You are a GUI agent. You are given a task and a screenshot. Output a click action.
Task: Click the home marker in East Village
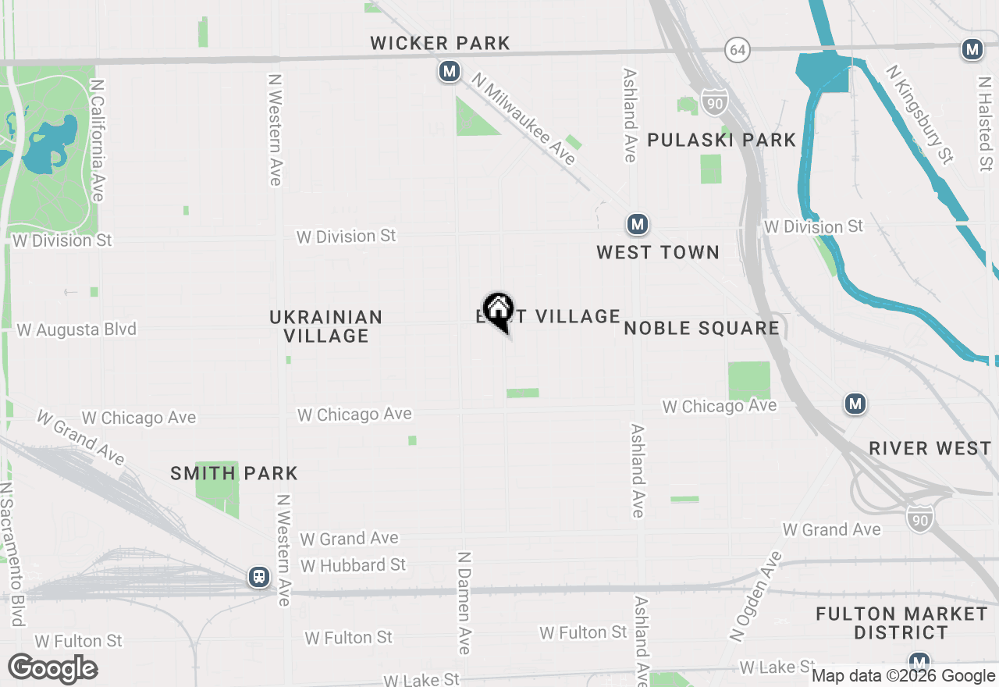tap(498, 310)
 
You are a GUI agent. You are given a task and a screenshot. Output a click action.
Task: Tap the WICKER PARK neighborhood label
tap(440, 44)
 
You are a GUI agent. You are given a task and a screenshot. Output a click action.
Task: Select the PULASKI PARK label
tap(721, 141)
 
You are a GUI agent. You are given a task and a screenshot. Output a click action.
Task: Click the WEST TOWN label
tap(658, 253)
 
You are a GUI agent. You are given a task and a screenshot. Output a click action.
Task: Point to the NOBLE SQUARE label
tap(702, 329)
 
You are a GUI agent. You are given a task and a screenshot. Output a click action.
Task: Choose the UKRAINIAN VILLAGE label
tap(325, 326)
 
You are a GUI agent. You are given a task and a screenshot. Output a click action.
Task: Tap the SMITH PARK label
tap(234, 474)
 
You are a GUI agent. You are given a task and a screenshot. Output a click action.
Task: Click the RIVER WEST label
tap(930, 449)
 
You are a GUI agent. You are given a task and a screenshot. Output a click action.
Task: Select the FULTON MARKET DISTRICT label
tap(901, 623)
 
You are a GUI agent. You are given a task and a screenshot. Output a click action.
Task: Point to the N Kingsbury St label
tap(919, 114)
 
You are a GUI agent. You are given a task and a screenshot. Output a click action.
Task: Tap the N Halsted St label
tap(985, 123)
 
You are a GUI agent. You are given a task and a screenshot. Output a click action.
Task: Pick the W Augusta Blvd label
tap(76, 329)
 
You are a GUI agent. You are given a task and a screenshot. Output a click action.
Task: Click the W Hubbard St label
tap(353, 565)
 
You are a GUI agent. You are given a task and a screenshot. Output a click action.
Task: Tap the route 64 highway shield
tap(737, 51)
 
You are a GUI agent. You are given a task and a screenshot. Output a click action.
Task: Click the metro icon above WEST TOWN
tap(638, 225)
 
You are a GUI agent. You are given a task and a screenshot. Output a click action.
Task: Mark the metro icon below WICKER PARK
tap(448, 72)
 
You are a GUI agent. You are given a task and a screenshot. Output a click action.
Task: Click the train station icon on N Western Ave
tap(258, 577)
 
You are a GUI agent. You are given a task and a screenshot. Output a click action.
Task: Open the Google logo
tap(53, 669)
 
